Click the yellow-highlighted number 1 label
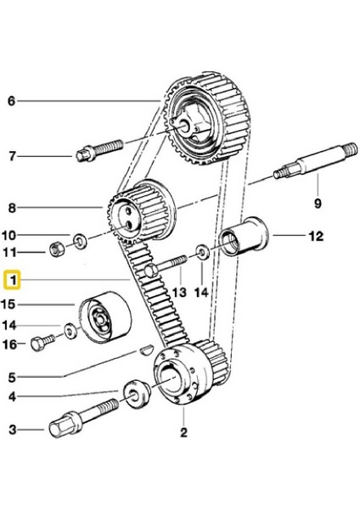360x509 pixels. click(x=12, y=277)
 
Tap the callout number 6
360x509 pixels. click(x=12, y=101)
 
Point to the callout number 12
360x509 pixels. click(x=315, y=237)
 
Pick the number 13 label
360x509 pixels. click(x=177, y=291)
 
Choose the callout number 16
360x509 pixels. click(x=12, y=344)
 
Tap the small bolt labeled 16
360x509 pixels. click(x=40, y=344)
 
